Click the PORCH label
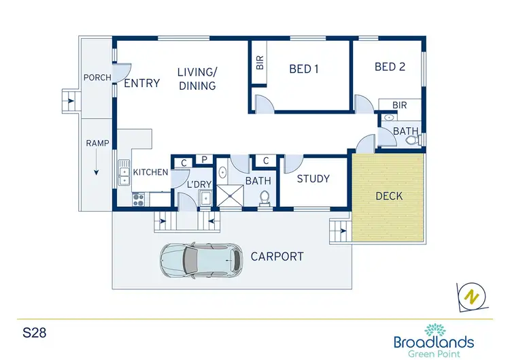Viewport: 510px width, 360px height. pyautogui.click(x=97, y=78)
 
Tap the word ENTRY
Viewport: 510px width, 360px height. pyautogui.click(x=141, y=83)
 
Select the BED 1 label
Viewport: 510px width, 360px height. pyautogui.click(x=304, y=69)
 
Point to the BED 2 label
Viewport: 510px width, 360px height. pyautogui.click(x=390, y=67)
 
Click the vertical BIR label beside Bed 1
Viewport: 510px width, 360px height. pyautogui.click(x=259, y=63)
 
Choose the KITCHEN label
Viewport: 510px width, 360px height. pyautogui.click(x=150, y=173)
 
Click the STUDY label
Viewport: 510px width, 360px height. pyautogui.click(x=313, y=179)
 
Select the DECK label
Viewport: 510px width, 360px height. pyautogui.click(x=389, y=196)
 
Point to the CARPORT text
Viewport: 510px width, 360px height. pyautogui.click(x=277, y=257)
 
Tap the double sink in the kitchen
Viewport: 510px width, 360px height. pyautogui.click(x=124, y=172)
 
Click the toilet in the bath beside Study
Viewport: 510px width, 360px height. pyautogui.click(x=266, y=197)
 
